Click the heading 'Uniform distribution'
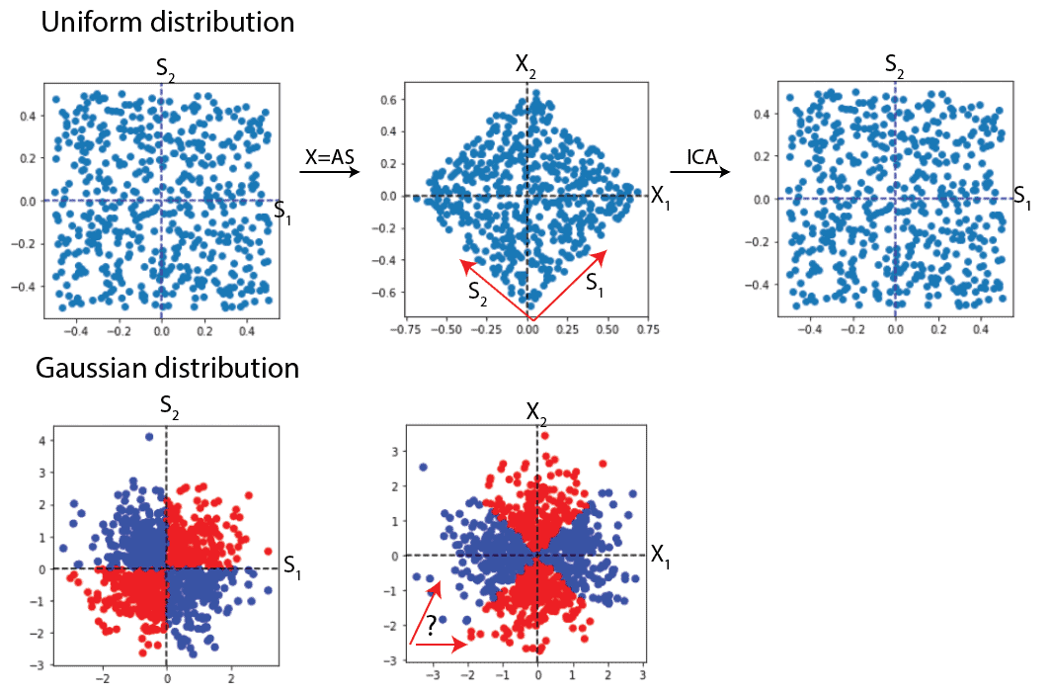click(x=167, y=22)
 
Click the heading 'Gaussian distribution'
click(x=167, y=369)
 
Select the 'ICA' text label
click(x=704, y=155)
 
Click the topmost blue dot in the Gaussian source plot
click(x=149, y=436)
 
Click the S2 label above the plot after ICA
click(x=895, y=67)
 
